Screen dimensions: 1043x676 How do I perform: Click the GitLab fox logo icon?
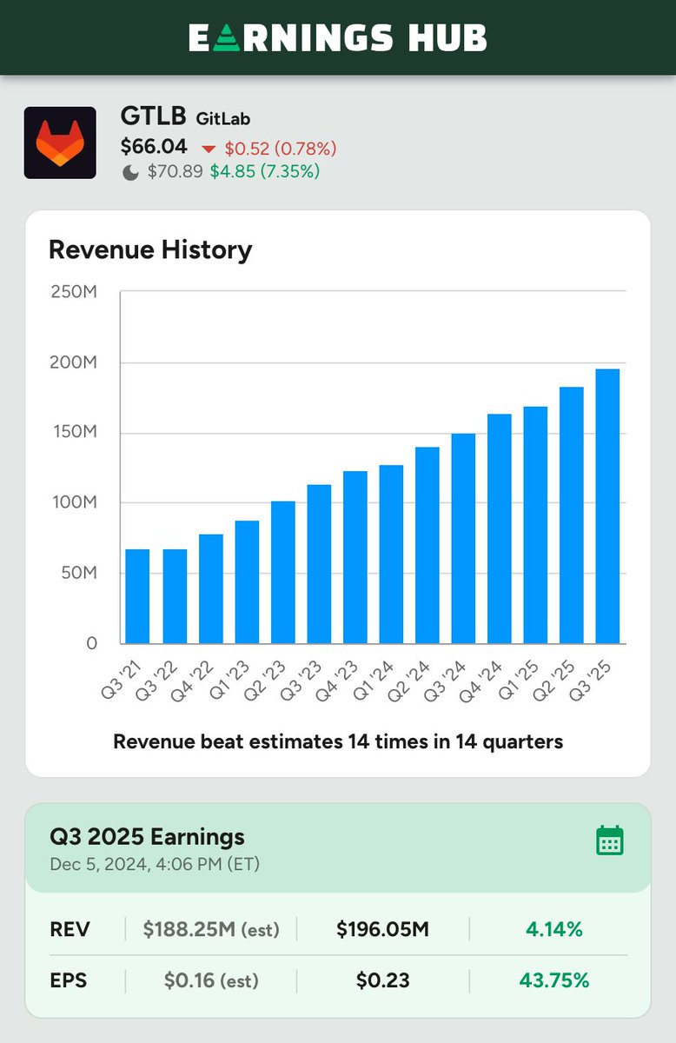(x=60, y=143)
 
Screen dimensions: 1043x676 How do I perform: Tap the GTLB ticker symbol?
(x=153, y=117)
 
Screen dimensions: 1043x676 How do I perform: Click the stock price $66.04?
(x=154, y=147)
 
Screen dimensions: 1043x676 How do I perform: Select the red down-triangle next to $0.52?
(x=209, y=149)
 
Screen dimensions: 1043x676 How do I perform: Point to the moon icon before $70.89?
(x=130, y=172)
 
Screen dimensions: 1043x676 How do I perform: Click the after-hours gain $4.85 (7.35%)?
(x=264, y=171)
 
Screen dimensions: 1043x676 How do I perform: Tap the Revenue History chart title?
(x=150, y=250)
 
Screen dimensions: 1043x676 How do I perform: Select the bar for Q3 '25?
(x=607, y=506)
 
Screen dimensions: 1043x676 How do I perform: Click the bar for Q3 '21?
(x=137, y=596)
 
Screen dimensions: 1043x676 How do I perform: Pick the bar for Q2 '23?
(x=282, y=572)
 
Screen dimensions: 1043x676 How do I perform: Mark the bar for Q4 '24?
(x=499, y=528)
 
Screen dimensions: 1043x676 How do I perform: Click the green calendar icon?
(x=610, y=840)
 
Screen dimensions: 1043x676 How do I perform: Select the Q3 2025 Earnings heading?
(x=148, y=837)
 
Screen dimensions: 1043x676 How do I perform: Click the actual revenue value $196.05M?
(x=382, y=930)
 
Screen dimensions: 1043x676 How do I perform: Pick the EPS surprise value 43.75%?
(x=553, y=980)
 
